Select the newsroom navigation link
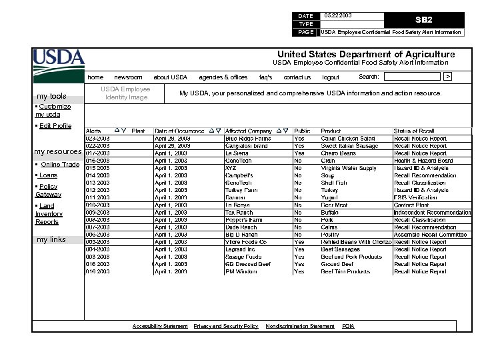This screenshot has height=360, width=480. pos(128,77)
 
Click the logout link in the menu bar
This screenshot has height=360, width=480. pos(331,77)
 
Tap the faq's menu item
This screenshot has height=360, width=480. pos(265,77)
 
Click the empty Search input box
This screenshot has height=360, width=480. pos(415,77)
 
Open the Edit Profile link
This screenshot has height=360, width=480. pos(55,125)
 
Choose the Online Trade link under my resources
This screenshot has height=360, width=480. pos(60,164)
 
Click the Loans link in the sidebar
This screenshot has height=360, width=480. pos(48,175)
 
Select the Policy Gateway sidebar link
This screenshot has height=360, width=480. pos(48,191)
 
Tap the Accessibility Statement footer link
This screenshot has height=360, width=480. pos(160,326)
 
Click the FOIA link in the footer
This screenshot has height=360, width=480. pos(348,326)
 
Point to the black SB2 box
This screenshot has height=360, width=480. pos(424,20)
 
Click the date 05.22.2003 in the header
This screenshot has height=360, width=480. pos(338,15)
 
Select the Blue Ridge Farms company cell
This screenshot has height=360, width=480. pos(247,139)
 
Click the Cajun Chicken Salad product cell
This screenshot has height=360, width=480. pos(347,139)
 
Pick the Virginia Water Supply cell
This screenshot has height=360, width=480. pos(349,169)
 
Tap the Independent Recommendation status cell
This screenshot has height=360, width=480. pos(432,213)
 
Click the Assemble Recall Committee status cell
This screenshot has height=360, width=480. pos(430,235)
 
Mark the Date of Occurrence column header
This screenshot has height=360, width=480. pos(179,131)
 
